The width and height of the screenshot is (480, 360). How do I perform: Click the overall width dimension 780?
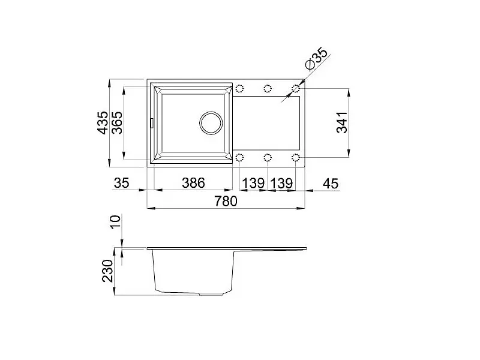(x=226, y=201)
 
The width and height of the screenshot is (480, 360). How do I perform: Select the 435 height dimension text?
(x=103, y=122)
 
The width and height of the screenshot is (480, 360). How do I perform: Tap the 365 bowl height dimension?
(x=117, y=122)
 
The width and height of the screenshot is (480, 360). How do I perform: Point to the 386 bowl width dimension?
(x=193, y=183)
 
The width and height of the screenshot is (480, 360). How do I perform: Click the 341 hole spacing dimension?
(x=342, y=122)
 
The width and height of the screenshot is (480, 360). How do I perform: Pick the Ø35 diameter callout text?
(x=317, y=58)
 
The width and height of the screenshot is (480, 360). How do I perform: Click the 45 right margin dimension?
(x=331, y=184)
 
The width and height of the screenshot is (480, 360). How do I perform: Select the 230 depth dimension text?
(x=108, y=271)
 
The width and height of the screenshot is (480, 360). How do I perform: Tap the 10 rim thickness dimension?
(x=116, y=221)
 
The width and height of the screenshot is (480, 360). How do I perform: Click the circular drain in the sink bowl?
(x=211, y=122)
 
